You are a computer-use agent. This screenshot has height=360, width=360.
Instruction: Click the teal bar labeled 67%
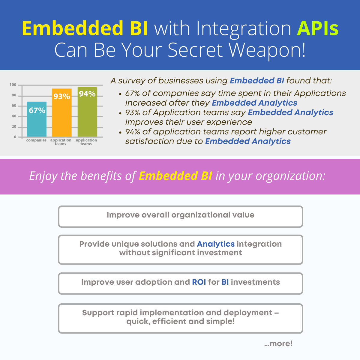click(37, 119)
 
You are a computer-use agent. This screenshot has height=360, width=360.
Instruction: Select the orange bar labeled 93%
click(62, 112)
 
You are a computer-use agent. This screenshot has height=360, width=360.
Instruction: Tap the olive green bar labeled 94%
click(87, 112)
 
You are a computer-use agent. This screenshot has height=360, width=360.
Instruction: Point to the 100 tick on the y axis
click(13, 85)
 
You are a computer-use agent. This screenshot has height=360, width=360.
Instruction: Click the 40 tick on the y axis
click(14, 116)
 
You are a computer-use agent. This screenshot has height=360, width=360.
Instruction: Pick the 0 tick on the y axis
click(15, 137)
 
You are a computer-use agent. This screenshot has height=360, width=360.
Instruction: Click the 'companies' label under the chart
click(36, 140)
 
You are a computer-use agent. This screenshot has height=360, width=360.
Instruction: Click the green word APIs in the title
click(318, 28)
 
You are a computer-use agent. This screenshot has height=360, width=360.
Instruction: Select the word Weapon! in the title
click(267, 50)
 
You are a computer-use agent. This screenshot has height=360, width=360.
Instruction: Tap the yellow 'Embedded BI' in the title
click(85, 28)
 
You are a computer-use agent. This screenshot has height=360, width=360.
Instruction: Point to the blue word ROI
click(199, 282)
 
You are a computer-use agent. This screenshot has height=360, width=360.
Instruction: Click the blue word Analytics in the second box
click(216, 244)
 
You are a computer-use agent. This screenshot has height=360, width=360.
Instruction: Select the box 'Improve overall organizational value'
click(181, 217)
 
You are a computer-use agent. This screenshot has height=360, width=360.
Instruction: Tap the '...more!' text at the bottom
click(278, 343)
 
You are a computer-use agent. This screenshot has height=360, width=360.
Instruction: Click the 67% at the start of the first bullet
click(133, 93)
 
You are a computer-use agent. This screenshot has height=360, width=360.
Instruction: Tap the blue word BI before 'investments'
click(225, 282)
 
